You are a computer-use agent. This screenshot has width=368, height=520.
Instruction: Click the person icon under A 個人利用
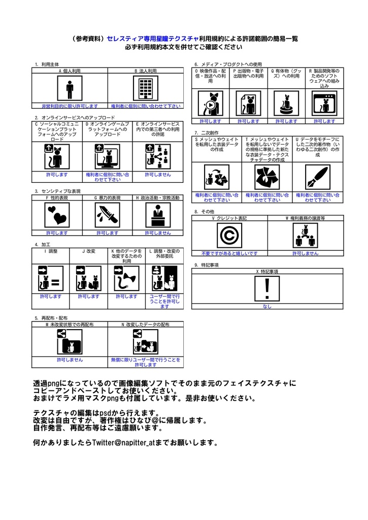click(70, 90)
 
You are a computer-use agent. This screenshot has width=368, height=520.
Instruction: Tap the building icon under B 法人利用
click(146, 90)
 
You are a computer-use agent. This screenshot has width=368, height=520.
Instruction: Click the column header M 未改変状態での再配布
click(70, 324)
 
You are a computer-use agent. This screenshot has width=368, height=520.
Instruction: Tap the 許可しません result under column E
click(157, 174)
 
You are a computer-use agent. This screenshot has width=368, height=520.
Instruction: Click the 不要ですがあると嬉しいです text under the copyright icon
click(229, 253)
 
